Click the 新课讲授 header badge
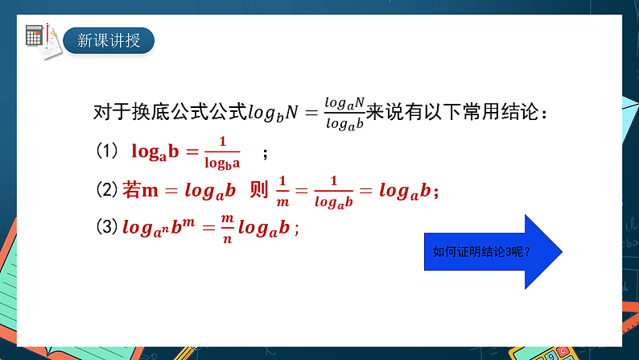(109, 39)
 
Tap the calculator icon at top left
(35, 35)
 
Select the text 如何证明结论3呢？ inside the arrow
(481, 251)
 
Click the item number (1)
(107, 151)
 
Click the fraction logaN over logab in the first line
(344, 113)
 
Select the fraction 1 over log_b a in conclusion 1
(222, 152)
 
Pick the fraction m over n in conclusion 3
(226, 228)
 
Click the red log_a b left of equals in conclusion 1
(159, 151)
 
